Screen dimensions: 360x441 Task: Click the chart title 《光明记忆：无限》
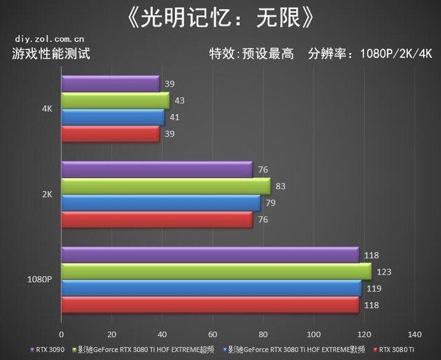point(220,18)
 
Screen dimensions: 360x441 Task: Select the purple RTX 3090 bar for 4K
point(110,84)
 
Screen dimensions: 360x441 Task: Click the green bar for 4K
point(115,101)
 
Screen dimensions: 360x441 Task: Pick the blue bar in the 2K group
point(161,203)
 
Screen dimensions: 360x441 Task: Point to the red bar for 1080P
point(209,305)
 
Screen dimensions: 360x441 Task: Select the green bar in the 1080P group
point(216,272)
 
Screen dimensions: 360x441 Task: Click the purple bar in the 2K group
point(157,170)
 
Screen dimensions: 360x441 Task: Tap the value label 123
point(384,272)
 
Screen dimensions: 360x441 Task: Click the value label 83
point(280,186)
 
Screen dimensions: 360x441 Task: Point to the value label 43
point(180,101)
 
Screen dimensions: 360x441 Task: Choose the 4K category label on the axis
point(47,109)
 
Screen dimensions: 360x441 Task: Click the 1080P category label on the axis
point(39,280)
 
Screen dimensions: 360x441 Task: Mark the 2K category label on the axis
point(47,194)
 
